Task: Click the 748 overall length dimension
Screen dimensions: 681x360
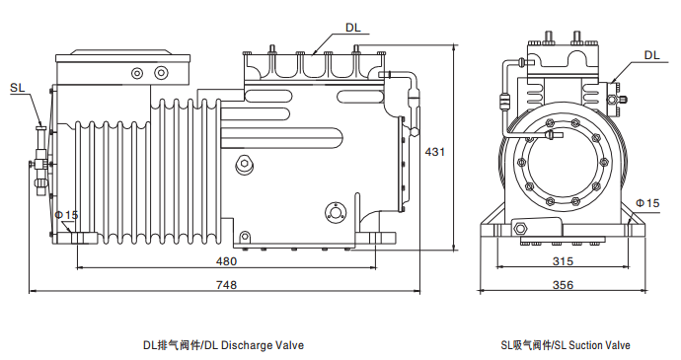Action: coord(226,285)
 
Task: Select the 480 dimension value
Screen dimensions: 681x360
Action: coord(226,261)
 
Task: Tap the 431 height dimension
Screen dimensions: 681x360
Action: coord(434,152)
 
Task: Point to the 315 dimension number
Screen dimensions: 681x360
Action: coord(563,261)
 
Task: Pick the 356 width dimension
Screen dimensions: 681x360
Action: coord(563,285)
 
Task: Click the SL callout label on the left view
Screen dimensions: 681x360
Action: coord(18,88)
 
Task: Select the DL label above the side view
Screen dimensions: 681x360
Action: coord(353,28)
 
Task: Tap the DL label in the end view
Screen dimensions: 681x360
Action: coord(652,55)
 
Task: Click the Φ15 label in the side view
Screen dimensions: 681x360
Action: coord(66,215)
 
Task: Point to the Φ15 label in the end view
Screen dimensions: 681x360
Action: coord(647,203)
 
